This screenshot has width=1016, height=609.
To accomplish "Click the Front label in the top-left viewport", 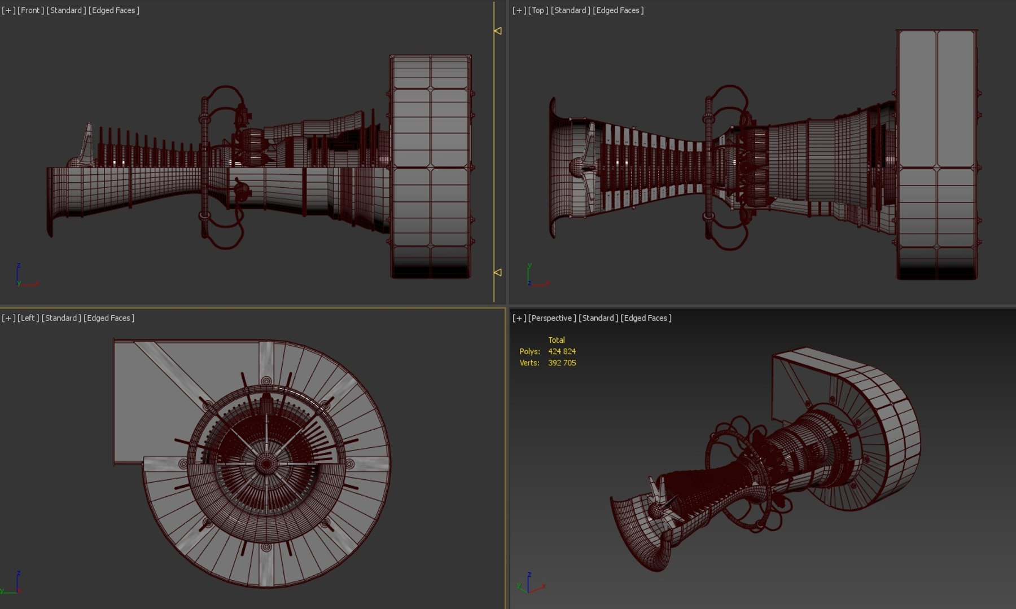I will [30, 10].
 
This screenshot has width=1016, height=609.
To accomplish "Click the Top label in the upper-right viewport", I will [538, 10].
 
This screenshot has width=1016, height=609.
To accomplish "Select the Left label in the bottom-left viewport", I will [28, 318].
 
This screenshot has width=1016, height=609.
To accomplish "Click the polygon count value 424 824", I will [562, 351].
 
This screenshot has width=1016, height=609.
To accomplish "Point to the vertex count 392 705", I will [562, 363].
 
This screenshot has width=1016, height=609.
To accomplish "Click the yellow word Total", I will [556, 340].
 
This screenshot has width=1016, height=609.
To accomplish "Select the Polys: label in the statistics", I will [529, 351].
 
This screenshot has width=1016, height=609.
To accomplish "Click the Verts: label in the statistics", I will [529, 363].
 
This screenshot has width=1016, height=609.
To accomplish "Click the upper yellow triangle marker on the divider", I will [497, 31].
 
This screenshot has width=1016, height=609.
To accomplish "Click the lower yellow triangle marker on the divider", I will [497, 272].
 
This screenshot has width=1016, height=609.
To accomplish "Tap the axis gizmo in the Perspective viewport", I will [531, 584].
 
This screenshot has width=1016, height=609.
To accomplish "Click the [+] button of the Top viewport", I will [519, 10].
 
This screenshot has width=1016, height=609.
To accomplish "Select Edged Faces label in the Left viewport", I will [109, 318].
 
